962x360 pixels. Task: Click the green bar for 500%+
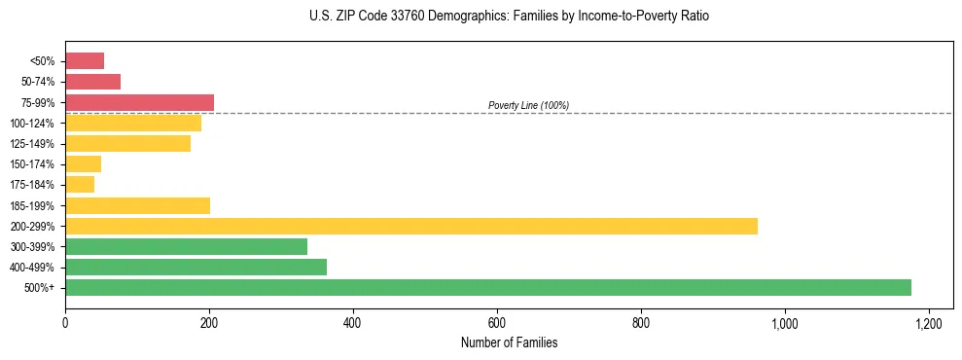(x=487, y=287)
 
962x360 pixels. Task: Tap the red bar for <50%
(x=85, y=61)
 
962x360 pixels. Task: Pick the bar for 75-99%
(x=139, y=102)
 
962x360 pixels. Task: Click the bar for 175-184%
(x=80, y=185)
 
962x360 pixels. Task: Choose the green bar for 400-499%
(x=196, y=267)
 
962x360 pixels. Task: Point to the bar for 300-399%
(x=186, y=246)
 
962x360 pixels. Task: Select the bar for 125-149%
(x=127, y=144)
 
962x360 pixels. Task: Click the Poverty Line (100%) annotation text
(x=528, y=105)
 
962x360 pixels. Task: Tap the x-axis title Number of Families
(x=509, y=342)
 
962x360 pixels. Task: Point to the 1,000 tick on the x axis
(x=784, y=322)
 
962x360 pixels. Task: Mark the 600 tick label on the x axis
(x=496, y=322)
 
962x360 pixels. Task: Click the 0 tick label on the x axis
(x=65, y=322)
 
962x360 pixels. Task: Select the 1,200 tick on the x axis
(x=928, y=322)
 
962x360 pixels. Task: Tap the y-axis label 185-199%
(x=38, y=205)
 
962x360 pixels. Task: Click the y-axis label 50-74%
(x=40, y=82)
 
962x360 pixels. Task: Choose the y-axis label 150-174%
(x=38, y=164)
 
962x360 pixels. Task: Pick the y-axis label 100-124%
(x=38, y=123)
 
